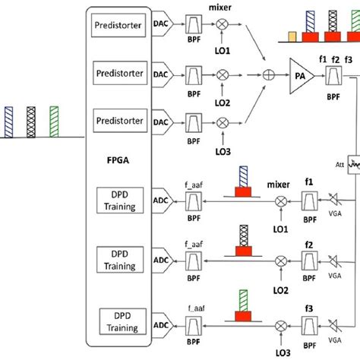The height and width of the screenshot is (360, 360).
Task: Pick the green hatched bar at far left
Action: (54, 122)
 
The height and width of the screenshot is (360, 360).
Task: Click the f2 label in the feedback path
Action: (309, 245)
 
